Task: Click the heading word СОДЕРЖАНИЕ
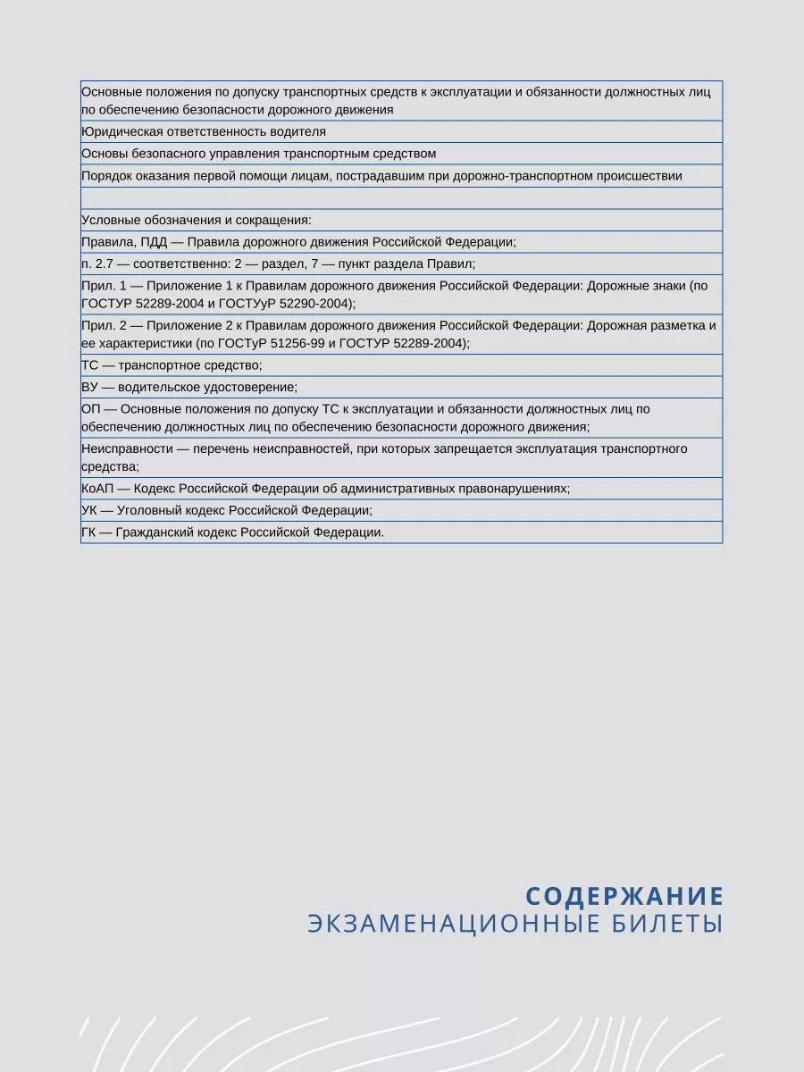623,896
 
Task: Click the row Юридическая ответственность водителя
204,132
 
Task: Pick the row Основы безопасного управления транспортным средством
258,154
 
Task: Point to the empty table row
401,197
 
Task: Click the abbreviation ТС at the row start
89,365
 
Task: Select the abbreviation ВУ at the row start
89,387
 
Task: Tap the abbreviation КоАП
96,489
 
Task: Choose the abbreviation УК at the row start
89,510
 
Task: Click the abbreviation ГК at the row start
89,532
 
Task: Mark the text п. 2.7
96,264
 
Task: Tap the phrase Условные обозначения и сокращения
196,220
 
